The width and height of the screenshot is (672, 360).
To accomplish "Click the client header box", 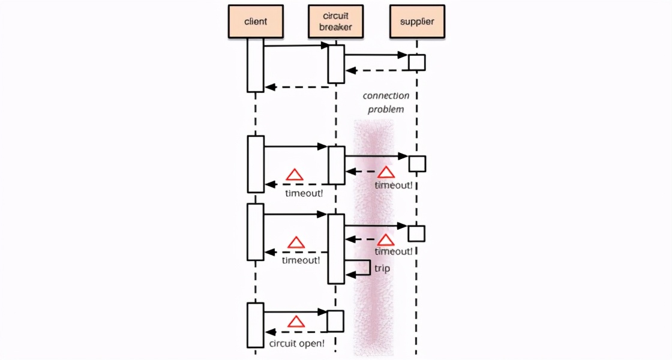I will click(x=256, y=22).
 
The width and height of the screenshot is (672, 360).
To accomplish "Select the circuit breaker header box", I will click(x=335, y=22).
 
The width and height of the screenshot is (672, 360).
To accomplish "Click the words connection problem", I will click(x=386, y=103).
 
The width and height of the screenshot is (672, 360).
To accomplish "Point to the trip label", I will click(x=382, y=268).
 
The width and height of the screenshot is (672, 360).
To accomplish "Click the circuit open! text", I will click(x=297, y=344).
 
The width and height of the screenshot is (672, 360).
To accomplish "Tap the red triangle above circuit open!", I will click(x=296, y=322).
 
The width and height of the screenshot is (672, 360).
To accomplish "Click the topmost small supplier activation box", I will click(x=416, y=62).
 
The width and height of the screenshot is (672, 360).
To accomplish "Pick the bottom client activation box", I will click(x=256, y=325).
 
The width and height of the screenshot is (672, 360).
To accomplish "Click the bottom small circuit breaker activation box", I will click(x=335, y=321).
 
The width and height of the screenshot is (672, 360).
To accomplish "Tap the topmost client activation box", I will click(x=256, y=65).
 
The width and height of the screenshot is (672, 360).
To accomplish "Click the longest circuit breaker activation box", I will click(x=336, y=248).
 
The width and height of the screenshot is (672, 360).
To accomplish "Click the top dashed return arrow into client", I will click(x=296, y=87).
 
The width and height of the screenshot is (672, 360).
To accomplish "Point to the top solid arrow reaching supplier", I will click(x=376, y=55).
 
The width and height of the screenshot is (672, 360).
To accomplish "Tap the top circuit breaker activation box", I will click(x=336, y=64).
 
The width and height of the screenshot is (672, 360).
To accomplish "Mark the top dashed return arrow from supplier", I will click(x=377, y=70).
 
